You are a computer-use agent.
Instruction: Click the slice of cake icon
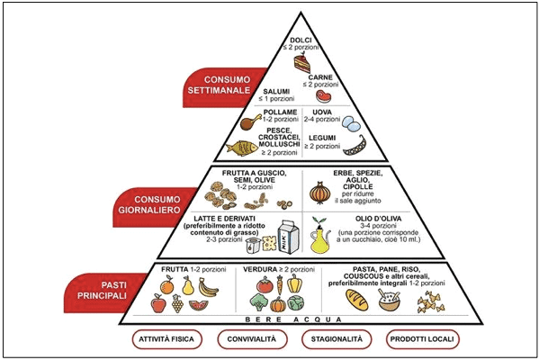(x=302, y=63)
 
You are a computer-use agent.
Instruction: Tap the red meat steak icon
(x=323, y=96)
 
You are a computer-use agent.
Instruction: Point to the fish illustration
(x=242, y=148)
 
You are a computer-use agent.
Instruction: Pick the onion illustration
(x=319, y=193)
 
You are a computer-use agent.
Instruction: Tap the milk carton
(x=288, y=237)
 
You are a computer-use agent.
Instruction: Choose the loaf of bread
(x=357, y=300)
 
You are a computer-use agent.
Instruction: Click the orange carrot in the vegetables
(x=280, y=284)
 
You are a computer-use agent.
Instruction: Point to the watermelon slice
(x=198, y=304)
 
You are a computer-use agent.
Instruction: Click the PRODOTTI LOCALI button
(x=422, y=339)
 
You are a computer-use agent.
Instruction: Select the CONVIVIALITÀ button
(x=252, y=339)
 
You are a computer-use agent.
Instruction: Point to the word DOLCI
(x=301, y=40)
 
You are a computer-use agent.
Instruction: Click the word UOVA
(x=322, y=112)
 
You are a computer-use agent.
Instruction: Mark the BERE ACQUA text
(x=293, y=319)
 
